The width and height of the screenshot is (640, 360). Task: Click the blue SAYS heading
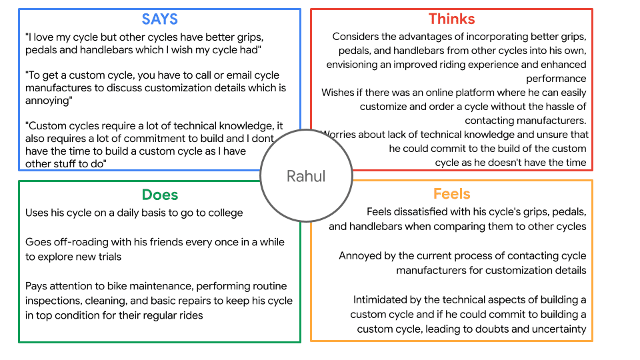pos(159,19)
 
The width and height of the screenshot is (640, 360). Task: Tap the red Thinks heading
pos(451,19)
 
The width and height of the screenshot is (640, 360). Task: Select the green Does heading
pos(159,195)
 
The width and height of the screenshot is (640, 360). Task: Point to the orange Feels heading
pos(451,194)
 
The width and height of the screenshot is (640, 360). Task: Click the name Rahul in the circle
pos(306,176)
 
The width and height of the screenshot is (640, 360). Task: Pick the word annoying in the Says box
pos(47,101)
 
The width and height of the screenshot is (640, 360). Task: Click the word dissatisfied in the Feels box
pos(428,212)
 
